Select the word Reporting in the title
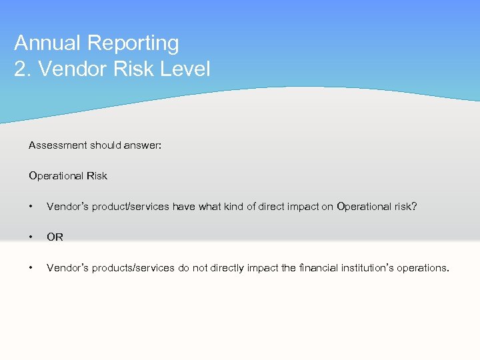[x=133, y=43]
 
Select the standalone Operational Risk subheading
[x=67, y=176]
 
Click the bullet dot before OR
[x=31, y=237]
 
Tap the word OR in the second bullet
[x=55, y=237]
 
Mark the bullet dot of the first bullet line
[x=31, y=207]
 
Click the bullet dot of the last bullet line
[x=31, y=268]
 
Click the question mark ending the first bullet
[x=414, y=207]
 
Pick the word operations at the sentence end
[x=422, y=268]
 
